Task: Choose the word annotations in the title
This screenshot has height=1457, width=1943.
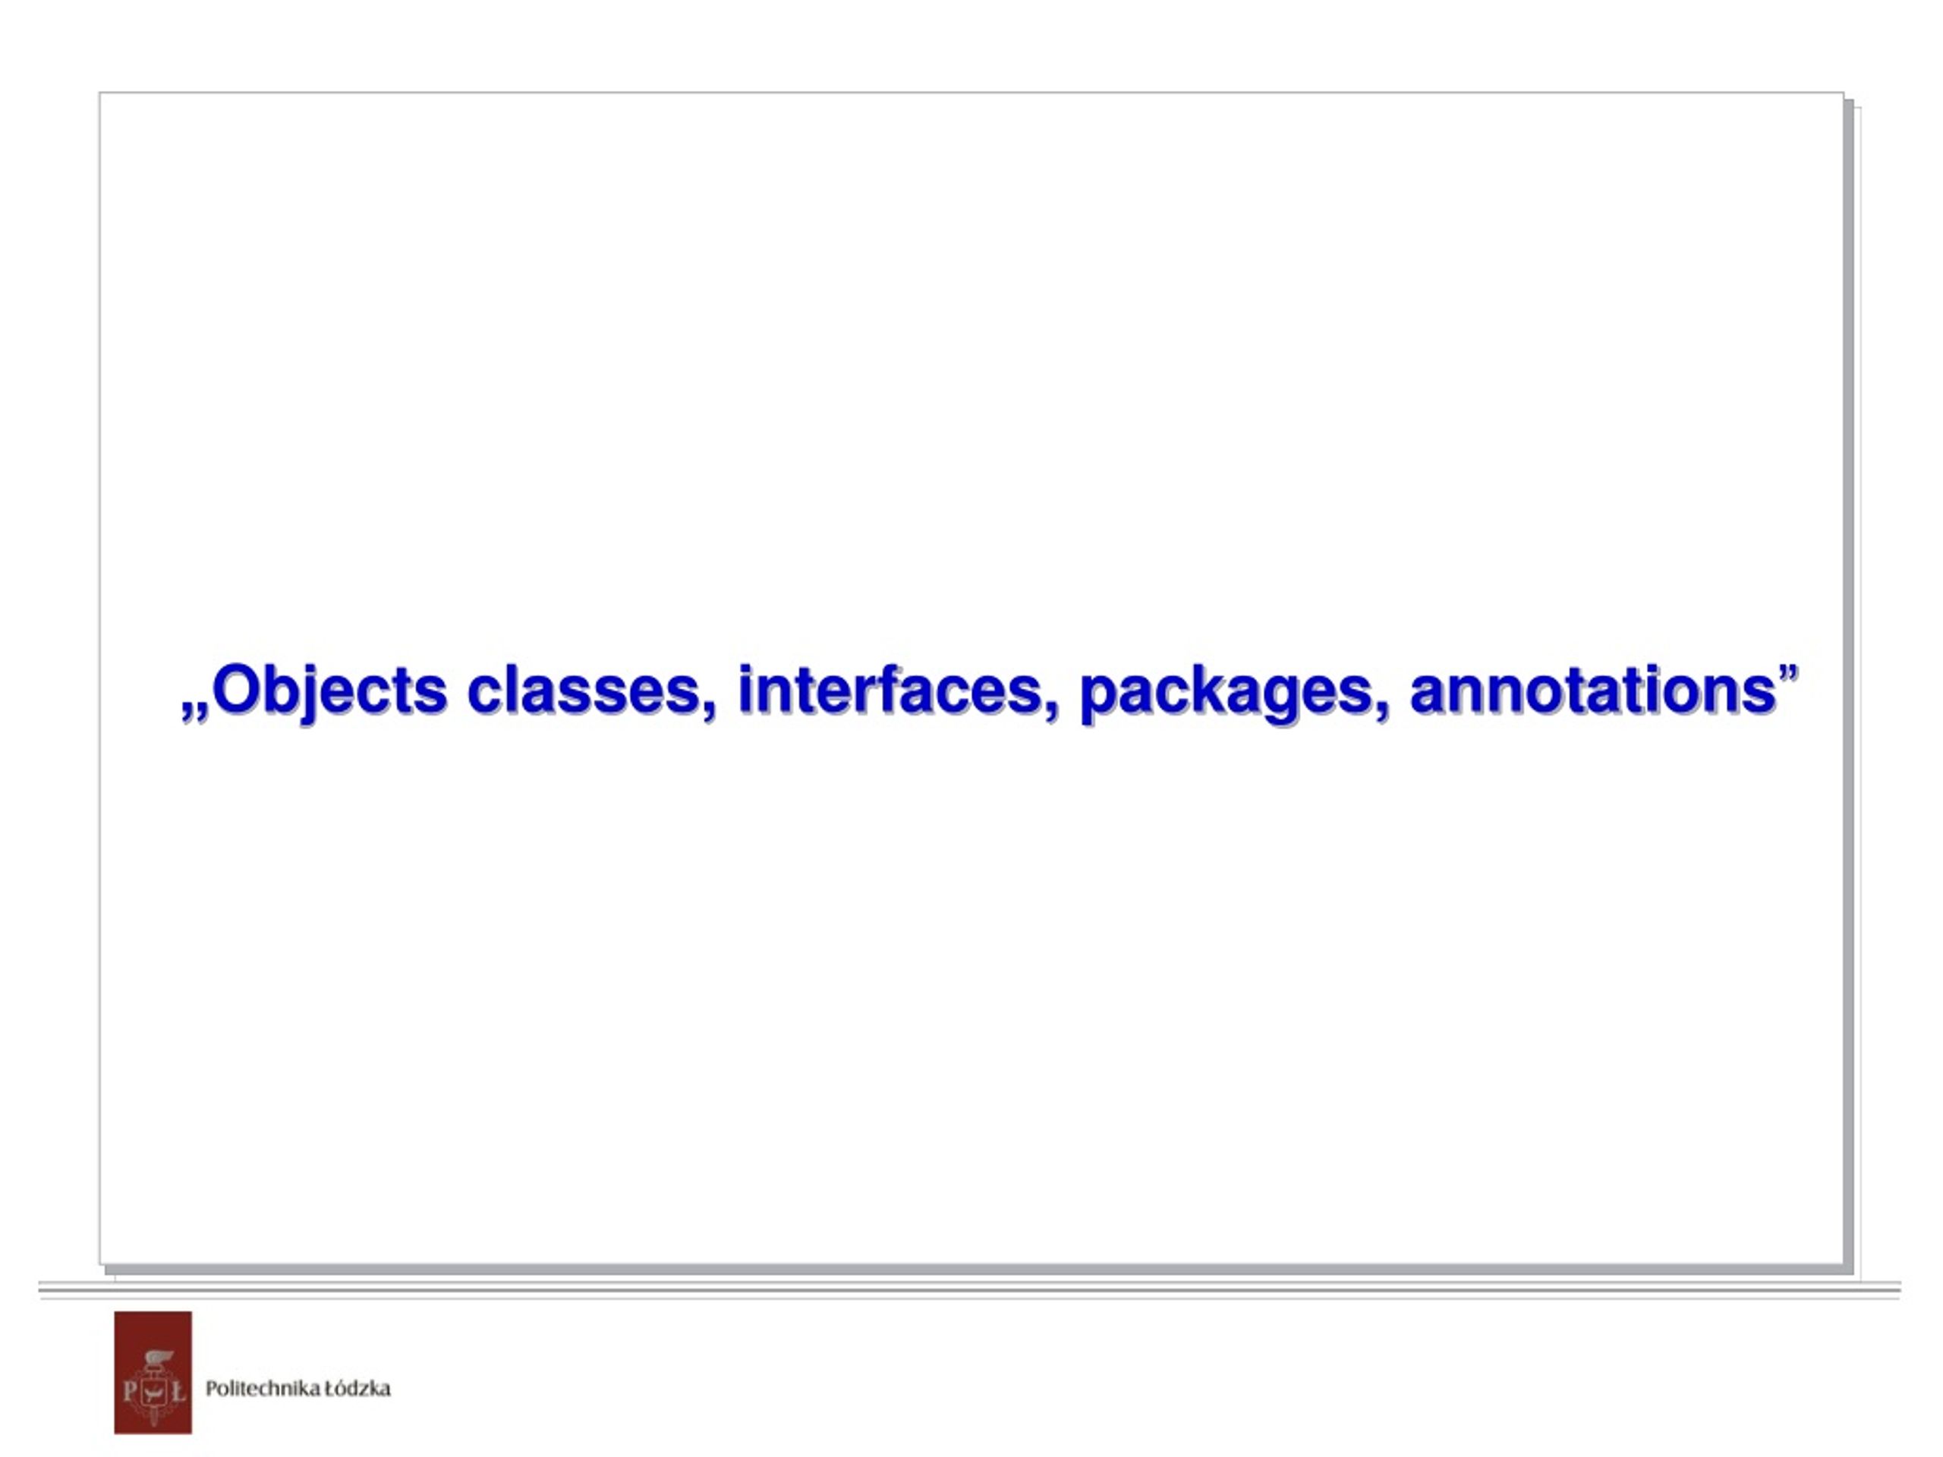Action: coord(1593,692)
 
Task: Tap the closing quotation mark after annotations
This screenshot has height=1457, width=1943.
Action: coord(1787,675)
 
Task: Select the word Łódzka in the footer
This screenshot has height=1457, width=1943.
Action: coord(357,1388)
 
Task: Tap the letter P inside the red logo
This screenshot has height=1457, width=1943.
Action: coord(130,1390)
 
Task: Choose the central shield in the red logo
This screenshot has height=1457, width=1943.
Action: coord(154,1390)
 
